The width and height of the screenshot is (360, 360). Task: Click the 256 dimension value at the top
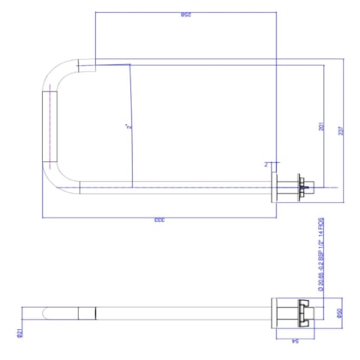pos(185,15)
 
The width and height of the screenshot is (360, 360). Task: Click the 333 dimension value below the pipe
pos(159,220)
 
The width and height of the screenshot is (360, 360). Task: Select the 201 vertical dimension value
pos(321,127)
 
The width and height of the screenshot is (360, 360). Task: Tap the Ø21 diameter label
pos(18,329)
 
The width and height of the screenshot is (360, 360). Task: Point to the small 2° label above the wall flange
pos(267,164)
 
